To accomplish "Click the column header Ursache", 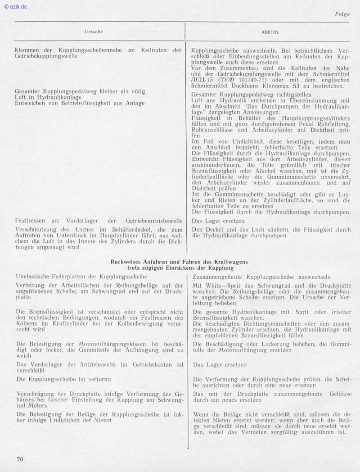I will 94,32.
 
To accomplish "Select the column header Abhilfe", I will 270,32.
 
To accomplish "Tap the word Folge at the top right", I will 342,14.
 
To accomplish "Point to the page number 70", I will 20,459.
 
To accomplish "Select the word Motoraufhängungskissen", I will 106,344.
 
